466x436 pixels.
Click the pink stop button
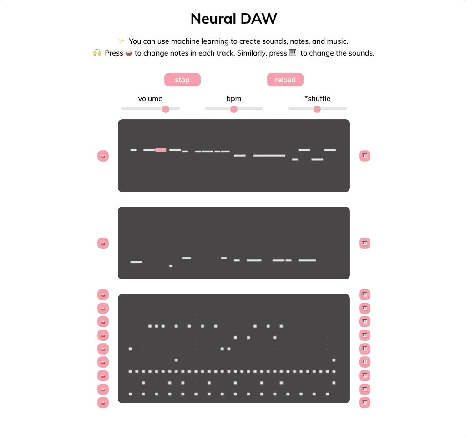(182, 80)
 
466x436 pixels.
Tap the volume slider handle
(166, 109)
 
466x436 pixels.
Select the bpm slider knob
(234, 109)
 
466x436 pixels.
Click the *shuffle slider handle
(317, 109)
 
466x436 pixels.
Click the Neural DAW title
(233, 19)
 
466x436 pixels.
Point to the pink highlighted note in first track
(161, 150)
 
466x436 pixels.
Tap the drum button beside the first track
(103, 156)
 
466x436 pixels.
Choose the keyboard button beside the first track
(365, 156)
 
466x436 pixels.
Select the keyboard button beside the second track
(365, 243)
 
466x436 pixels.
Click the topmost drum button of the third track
(103, 294)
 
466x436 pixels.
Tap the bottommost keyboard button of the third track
(365, 402)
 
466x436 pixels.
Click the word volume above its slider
(150, 98)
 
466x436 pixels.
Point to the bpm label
(234, 98)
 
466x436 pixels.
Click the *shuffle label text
(317, 98)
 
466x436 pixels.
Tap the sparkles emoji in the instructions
(121, 41)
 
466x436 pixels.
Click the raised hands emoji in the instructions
(97, 53)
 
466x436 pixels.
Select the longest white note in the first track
(269, 156)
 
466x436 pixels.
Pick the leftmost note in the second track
(136, 262)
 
